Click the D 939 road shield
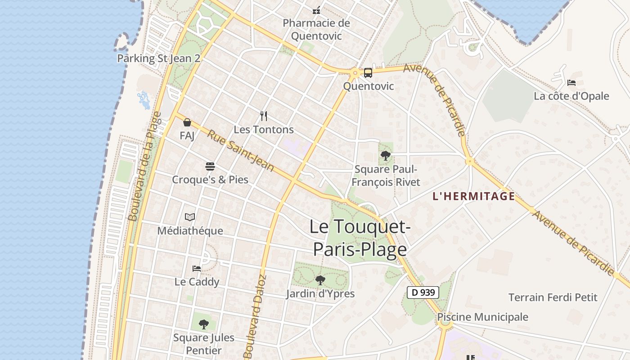423,292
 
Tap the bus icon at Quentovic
368,72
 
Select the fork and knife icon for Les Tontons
264,116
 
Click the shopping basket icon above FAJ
187,122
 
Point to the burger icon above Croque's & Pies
210,166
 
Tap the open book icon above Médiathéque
190,217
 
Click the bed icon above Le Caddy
197,269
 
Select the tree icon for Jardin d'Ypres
320,280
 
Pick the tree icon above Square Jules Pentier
204,324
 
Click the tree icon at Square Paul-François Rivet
385,156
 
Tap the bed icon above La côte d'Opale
571,83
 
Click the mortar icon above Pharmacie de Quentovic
316,10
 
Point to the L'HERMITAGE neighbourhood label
473,196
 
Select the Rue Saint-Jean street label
241,151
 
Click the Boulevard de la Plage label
145,166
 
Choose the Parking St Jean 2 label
158,58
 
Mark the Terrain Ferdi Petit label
553,297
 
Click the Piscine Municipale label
483,317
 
